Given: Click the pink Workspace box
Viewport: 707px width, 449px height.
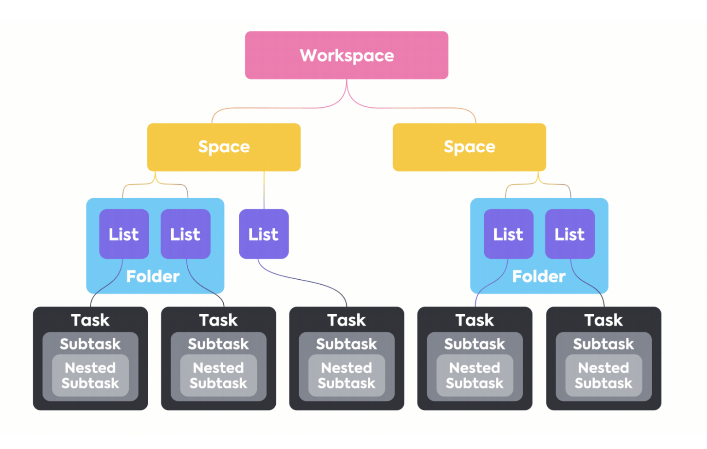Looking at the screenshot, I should pyautogui.click(x=347, y=55).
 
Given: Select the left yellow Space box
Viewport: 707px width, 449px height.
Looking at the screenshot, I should pyautogui.click(x=224, y=147).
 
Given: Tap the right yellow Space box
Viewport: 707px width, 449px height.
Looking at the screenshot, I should pyautogui.click(x=469, y=147).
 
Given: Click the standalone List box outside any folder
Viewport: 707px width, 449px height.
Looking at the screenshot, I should pyautogui.click(x=264, y=234).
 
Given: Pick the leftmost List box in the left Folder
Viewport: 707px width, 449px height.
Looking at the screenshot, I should pyautogui.click(x=124, y=234).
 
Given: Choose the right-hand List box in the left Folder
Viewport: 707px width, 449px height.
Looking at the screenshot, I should pyautogui.click(x=185, y=234).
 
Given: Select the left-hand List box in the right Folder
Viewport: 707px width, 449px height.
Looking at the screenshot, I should pyautogui.click(x=508, y=234).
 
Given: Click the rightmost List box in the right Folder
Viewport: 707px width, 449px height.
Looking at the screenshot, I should pyautogui.click(x=570, y=234).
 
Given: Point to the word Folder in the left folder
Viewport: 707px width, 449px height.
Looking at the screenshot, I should pyautogui.click(x=153, y=276).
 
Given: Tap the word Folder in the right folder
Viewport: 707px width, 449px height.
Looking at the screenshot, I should pyautogui.click(x=539, y=276).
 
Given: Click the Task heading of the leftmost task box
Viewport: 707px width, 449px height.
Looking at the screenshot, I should pyautogui.click(x=90, y=320).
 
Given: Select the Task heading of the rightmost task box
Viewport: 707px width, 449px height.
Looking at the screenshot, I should pyautogui.click(x=603, y=320).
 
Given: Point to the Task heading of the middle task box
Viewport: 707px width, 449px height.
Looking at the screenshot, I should pyautogui.click(x=347, y=320).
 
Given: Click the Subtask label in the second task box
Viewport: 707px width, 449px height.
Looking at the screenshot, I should pyautogui.click(x=219, y=344).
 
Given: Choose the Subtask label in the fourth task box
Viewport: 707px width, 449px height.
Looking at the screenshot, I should pyautogui.click(x=475, y=344).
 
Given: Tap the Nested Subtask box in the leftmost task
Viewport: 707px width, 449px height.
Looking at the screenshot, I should pyautogui.click(x=90, y=375).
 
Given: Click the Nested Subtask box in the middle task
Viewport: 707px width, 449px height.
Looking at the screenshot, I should pyautogui.click(x=347, y=375).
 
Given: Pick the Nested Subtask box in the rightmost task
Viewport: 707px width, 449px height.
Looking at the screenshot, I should pyautogui.click(x=603, y=375).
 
